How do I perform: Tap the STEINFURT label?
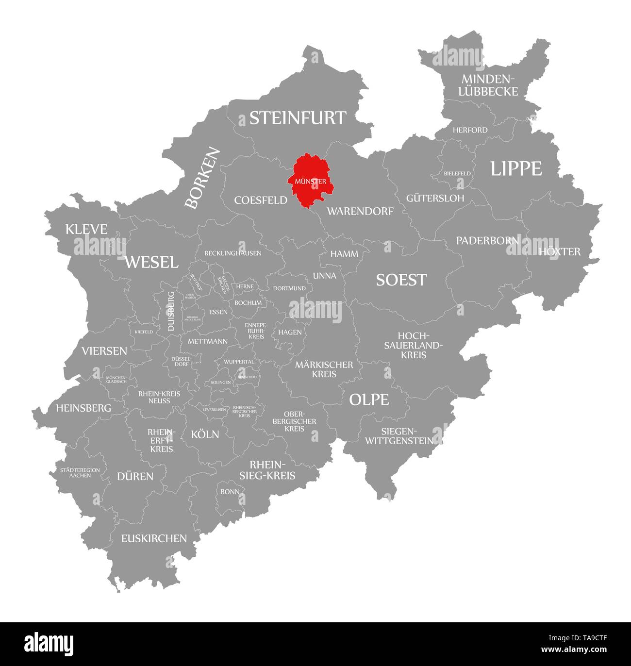(x=298, y=118)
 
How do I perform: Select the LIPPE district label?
(x=515, y=168)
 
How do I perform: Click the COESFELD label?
(x=261, y=200)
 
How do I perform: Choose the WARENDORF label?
(x=360, y=211)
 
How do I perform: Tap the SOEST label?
(x=401, y=280)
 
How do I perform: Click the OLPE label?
(x=369, y=400)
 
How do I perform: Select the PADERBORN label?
(x=487, y=240)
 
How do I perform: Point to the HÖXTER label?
(x=559, y=251)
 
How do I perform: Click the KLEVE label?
(x=86, y=229)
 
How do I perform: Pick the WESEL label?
(x=151, y=263)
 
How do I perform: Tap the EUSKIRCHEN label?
(x=154, y=538)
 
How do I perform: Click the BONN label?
(x=230, y=491)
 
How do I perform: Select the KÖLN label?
(x=205, y=434)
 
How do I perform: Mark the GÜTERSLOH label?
(x=435, y=198)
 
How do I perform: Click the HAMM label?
(x=344, y=254)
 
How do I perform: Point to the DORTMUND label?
(x=289, y=288)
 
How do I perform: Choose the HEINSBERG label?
(x=83, y=408)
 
